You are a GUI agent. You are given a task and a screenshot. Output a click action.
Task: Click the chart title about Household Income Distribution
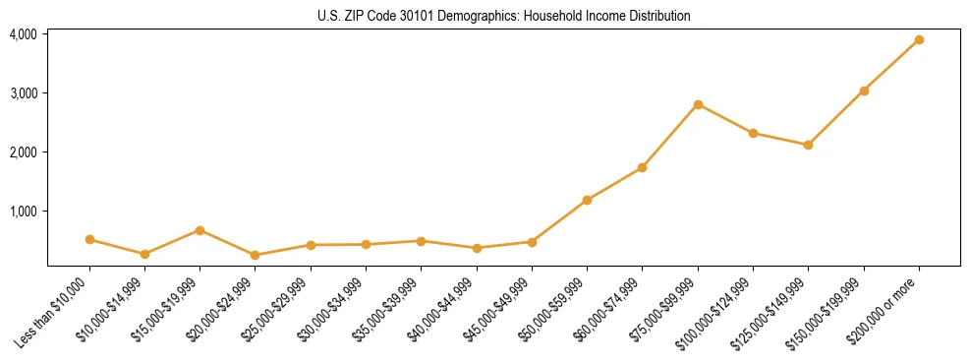pos(504,17)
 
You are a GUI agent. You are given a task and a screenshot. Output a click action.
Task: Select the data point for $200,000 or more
pos(919,40)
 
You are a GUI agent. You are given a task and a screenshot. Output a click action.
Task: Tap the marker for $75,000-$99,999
pos(698,104)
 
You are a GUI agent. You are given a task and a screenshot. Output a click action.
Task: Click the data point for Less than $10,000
pos(89,239)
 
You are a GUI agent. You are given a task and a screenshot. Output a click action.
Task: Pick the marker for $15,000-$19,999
pos(200,230)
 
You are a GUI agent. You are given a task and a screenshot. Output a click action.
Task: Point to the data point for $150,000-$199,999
pos(864,91)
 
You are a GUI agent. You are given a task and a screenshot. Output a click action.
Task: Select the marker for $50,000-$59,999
pos(587,200)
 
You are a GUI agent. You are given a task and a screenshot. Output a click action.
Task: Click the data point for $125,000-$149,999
pos(808,145)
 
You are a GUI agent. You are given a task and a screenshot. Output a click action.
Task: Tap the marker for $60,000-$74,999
pos(642,167)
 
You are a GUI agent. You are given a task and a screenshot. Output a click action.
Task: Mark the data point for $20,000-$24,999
pos(256,255)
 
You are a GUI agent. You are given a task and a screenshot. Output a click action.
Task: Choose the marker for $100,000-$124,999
pos(753,133)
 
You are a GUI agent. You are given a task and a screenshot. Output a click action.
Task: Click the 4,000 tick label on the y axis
pos(24,34)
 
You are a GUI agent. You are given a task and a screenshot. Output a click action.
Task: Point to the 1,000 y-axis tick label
pos(24,212)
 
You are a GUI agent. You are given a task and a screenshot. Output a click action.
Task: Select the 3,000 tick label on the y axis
pos(24,93)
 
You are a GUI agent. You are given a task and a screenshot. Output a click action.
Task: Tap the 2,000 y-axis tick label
pos(24,152)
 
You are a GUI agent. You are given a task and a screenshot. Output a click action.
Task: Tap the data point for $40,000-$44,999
pos(477,248)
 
